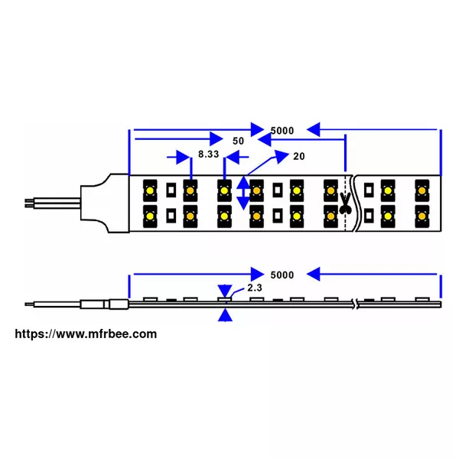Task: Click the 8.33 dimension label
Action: point(208,154)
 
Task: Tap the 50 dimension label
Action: point(238,141)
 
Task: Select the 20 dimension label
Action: point(299,156)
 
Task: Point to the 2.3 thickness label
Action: point(255,288)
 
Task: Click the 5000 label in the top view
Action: point(282,131)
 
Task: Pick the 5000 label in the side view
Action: point(282,275)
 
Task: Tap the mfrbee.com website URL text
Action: point(86,334)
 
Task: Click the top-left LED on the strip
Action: point(150,190)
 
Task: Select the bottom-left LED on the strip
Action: point(150,216)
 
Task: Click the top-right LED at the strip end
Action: point(422,190)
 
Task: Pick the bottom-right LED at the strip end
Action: point(422,216)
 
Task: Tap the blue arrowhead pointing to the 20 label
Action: point(282,156)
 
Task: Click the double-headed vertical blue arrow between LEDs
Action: point(243,193)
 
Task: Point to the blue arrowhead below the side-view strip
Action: point(225,315)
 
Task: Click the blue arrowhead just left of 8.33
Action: point(183,157)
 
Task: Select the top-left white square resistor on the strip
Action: point(171,190)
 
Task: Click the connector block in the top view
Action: point(105,203)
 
